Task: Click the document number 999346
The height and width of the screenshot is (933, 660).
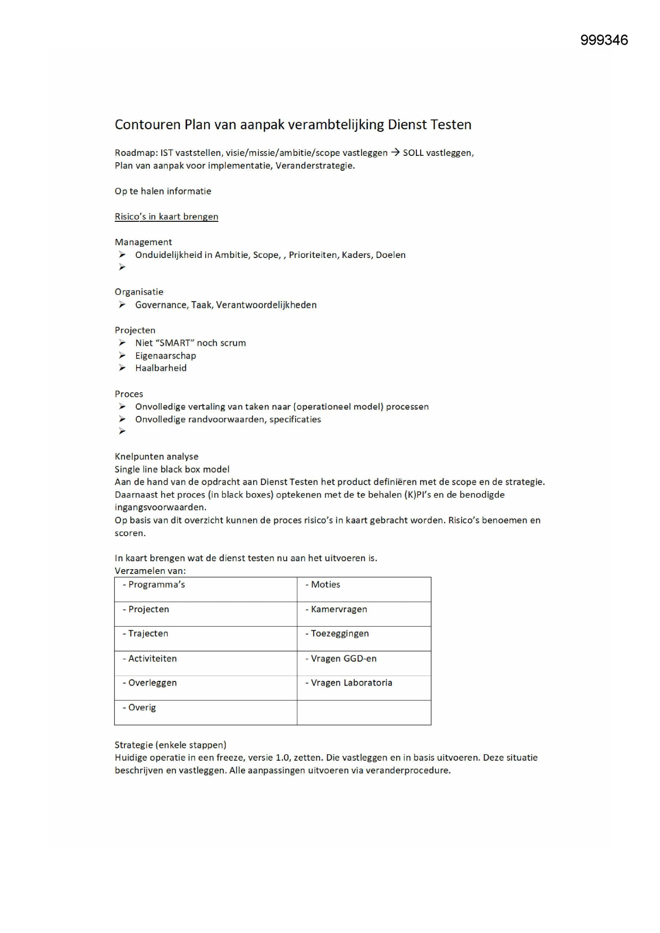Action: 604,40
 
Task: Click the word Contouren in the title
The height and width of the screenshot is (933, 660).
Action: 147,124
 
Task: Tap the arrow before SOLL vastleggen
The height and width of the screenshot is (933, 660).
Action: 395,153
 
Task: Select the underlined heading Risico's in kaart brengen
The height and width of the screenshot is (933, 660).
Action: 166,216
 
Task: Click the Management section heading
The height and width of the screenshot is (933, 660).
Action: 143,242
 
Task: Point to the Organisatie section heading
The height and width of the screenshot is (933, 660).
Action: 139,292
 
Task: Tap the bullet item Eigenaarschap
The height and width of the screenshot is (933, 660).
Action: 165,356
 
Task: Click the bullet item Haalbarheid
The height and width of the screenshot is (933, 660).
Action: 161,368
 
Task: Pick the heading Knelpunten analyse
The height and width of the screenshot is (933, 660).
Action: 156,456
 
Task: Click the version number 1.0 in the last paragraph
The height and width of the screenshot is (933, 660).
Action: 282,757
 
